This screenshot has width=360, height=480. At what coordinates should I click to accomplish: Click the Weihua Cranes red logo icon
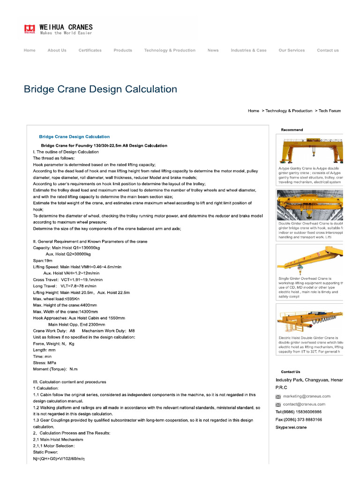coord(30,29)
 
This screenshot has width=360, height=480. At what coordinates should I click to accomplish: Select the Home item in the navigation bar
coord(30,50)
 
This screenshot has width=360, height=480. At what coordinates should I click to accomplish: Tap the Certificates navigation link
coord(90,50)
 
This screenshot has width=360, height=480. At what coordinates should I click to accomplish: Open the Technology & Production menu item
coord(170,50)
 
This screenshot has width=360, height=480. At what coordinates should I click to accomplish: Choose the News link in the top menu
coord(213,50)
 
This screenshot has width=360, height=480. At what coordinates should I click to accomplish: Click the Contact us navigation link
coord(328,50)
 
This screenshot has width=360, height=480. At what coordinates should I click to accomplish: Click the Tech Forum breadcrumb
coord(330,111)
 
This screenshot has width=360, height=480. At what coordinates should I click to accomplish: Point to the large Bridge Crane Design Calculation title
coord(100,89)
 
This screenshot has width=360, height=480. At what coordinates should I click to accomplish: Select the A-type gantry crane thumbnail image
coord(310,150)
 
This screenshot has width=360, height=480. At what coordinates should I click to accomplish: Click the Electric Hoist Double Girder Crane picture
coord(310,319)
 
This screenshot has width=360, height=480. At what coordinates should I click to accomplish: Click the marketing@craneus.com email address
coord(304,397)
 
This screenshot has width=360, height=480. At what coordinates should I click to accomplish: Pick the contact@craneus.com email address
coord(304,404)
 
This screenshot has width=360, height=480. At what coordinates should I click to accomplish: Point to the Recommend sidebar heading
coord(292,130)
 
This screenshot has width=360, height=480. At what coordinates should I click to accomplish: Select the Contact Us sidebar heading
coord(291,372)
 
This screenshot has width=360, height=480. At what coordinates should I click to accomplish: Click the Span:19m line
coord(43,260)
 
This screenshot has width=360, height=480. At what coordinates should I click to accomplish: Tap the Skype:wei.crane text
coord(291,427)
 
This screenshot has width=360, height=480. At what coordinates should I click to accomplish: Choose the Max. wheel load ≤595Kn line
coord(56,299)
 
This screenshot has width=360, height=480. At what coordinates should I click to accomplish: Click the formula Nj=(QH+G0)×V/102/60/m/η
coord(59,458)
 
